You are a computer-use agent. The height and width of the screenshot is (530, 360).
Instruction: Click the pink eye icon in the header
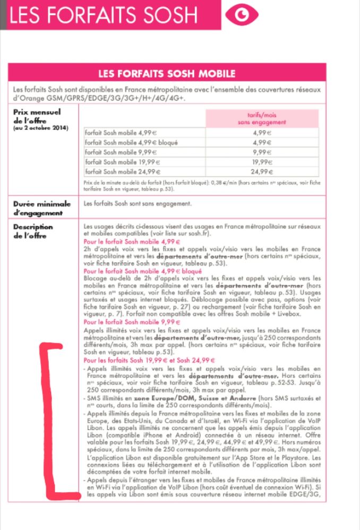pos(242,15)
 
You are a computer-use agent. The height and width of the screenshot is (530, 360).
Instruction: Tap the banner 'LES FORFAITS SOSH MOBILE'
pos(167,73)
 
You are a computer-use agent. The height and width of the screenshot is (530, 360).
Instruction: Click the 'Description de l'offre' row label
pos(33,231)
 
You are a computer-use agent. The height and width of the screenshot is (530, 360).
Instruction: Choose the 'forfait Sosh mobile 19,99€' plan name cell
pos(123,162)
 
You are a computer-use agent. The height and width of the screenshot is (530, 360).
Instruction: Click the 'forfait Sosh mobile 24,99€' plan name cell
pos(123,171)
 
